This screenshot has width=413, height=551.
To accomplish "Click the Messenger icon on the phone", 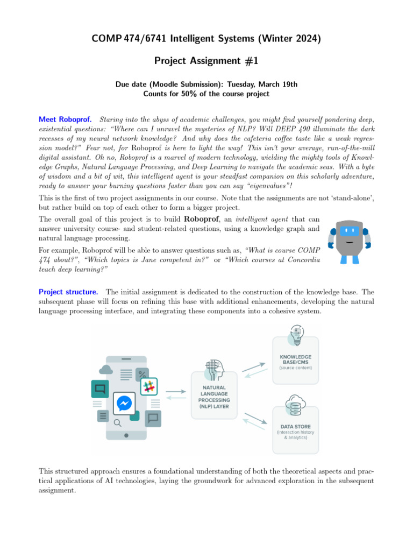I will [x=124, y=403].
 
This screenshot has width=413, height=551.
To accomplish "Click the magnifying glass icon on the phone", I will [x=117, y=423].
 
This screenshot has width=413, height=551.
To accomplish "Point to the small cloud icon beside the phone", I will [x=106, y=369].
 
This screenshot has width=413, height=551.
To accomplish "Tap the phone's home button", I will [x=126, y=435].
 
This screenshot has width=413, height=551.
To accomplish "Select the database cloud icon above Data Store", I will [x=295, y=405].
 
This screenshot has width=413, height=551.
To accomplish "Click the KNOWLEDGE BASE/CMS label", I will [x=295, y=360].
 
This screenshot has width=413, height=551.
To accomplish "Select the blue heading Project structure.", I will [x=68, y=292].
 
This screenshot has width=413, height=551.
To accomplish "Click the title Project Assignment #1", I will [x=206, y=61].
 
